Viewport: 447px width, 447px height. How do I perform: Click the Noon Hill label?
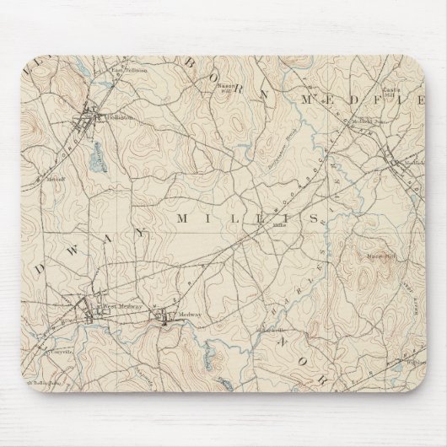(375, 256)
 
